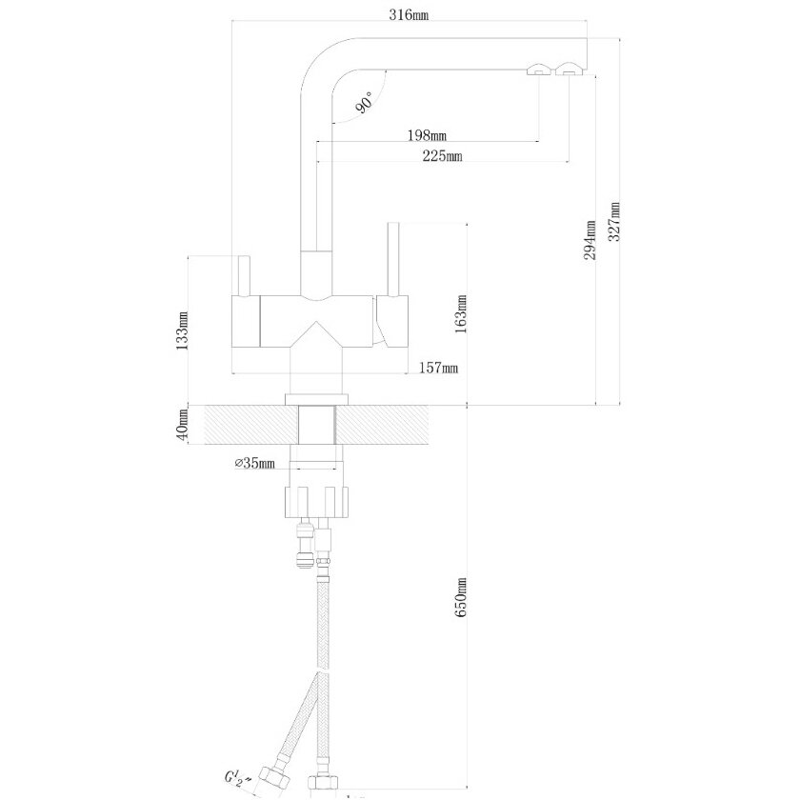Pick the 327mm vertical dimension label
coord(614,223)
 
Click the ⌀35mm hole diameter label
coord(254,464)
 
